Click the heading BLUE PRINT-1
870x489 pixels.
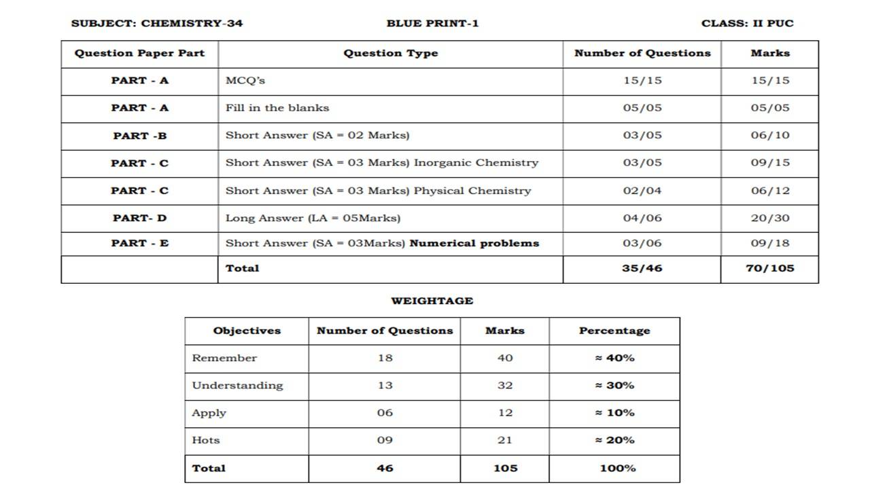pyautogui.click(x=432, y=23)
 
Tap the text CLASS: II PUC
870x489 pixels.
pyautogui.click(x=747, y=23)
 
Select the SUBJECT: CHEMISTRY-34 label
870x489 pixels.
pyautogui.click(x=157, y=23)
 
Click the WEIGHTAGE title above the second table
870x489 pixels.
pyautogui.click(x=432, y=301)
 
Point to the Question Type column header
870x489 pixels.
pyautogui.click(x=390, y=53)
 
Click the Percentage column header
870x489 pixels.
pyautogui.click(x=614, y=331)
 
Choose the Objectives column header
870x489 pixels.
pyautogui.click(x=247, y=331)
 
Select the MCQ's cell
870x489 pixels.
pyautogui.click(x=245, y=80)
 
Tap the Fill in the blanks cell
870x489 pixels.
pyautogui.click(x=277, y=107)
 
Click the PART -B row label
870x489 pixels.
pyautogui.click(x=139, y=135)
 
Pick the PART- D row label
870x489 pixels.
pyautogui.click(x=139, y=218)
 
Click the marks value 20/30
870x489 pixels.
pyautogui.click(x=770, y=218)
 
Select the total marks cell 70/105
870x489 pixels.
pyautogui.click(x=769, y=268)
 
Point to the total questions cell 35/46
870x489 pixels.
pyautogui.click(x=642, y=268)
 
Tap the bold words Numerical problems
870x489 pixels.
pyautogui.click(x=474, y=243)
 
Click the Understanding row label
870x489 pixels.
pyautogui.click(x=237, y=385)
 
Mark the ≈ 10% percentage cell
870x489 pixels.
pyautogui.click(x=614, y=413)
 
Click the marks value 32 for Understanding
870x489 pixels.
pyautogui.click(x=504, y=385)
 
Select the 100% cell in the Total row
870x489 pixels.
pyautogui.click(x=617, y=468)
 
